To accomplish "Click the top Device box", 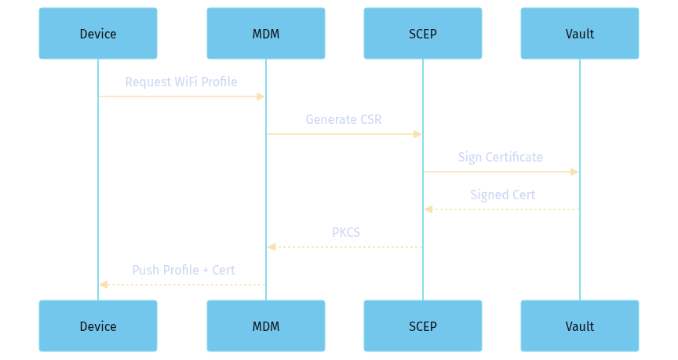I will coord(98,34).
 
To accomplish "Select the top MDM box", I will coord(266,34).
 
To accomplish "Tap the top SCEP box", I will coord(423,34).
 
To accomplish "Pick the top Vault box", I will coord(580,34).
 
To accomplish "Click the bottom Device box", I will coord(98,325).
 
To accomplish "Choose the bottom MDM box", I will coord(266,325).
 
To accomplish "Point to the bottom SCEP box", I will coord(423,325).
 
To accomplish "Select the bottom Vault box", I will coord(580,325).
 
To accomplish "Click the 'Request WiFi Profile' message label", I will coord(181,82).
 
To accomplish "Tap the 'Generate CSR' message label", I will coord(344,119).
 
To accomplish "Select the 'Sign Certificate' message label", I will coord(501,157).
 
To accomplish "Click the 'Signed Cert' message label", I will coord(502,195).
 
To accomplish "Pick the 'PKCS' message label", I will coord(345,232).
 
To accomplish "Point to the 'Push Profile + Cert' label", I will coord(184,270).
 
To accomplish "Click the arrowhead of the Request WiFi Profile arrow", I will coord(261,96).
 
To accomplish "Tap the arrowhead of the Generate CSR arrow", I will coord(418,134).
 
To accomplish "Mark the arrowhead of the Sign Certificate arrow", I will coord(575,172).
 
